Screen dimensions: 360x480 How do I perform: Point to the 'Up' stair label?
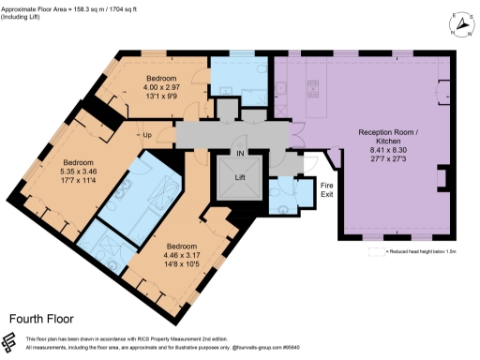(x=148, y=134)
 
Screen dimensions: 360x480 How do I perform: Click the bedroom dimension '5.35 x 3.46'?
(x=81, y=172)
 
